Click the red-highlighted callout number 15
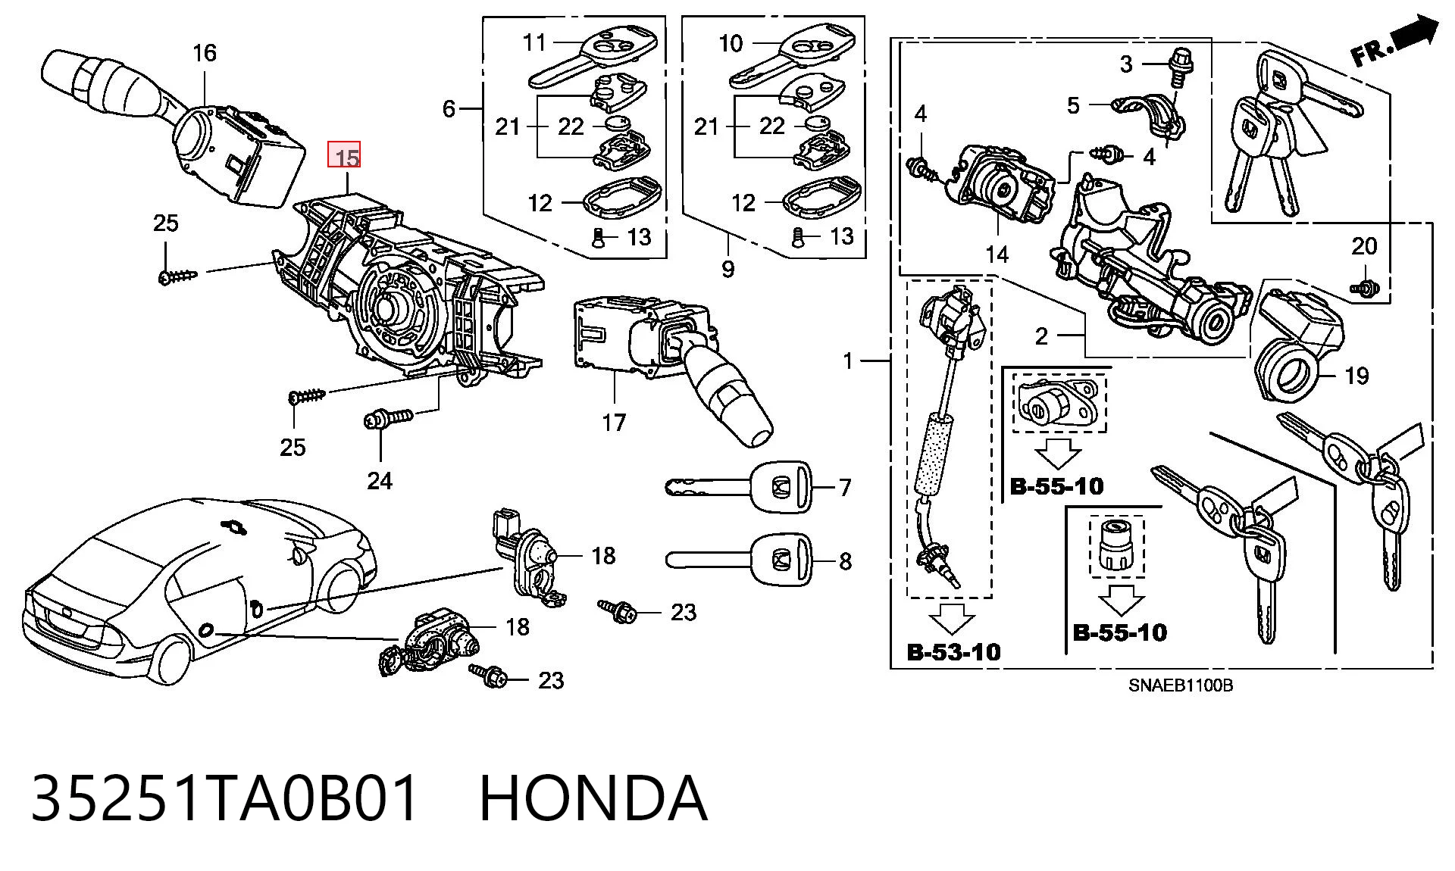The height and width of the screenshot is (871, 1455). coord(344,157)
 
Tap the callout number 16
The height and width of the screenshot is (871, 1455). coord(204,53)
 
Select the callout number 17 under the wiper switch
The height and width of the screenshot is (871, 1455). coord(614,422)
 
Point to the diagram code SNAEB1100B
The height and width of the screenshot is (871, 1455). coord(1181,685)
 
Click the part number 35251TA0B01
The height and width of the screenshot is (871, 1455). coord(225,798)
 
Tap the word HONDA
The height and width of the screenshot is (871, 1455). coord(593,798)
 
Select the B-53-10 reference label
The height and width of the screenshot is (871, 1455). coord(953,651)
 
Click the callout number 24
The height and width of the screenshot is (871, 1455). coord(380,480)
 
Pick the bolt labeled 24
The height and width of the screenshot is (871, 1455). coord(387,418)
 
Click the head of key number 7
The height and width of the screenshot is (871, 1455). coord(781,485)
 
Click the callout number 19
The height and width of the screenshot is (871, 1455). coord(1356,375)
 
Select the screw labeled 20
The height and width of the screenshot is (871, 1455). coord(1364,287)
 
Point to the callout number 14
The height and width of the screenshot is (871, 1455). coord(997,254)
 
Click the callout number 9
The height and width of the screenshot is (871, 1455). coord(727,268)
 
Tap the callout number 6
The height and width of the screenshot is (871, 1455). coord(449,109)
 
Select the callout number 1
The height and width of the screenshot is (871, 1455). coord(848,361)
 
